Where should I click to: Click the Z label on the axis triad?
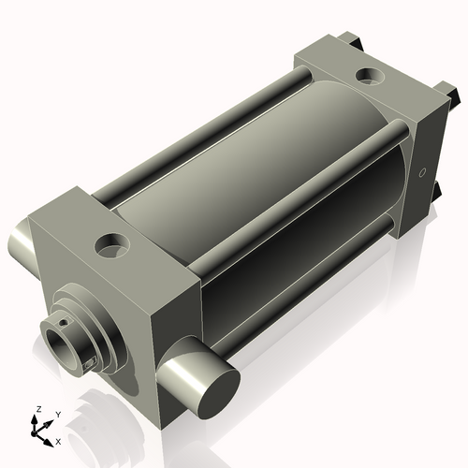tap(39, 409)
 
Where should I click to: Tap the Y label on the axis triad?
tap(58, 415)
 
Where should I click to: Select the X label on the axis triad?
tap(58, 442)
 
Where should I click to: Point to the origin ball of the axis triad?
tap(34, 433)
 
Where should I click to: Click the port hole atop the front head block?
tap(111, 245)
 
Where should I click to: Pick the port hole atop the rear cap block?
tap(370, 76)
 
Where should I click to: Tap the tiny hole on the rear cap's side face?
tap(423, 172)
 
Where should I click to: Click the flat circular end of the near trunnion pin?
tap(219, 393)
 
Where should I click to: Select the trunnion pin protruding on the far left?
tap(22, 240)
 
